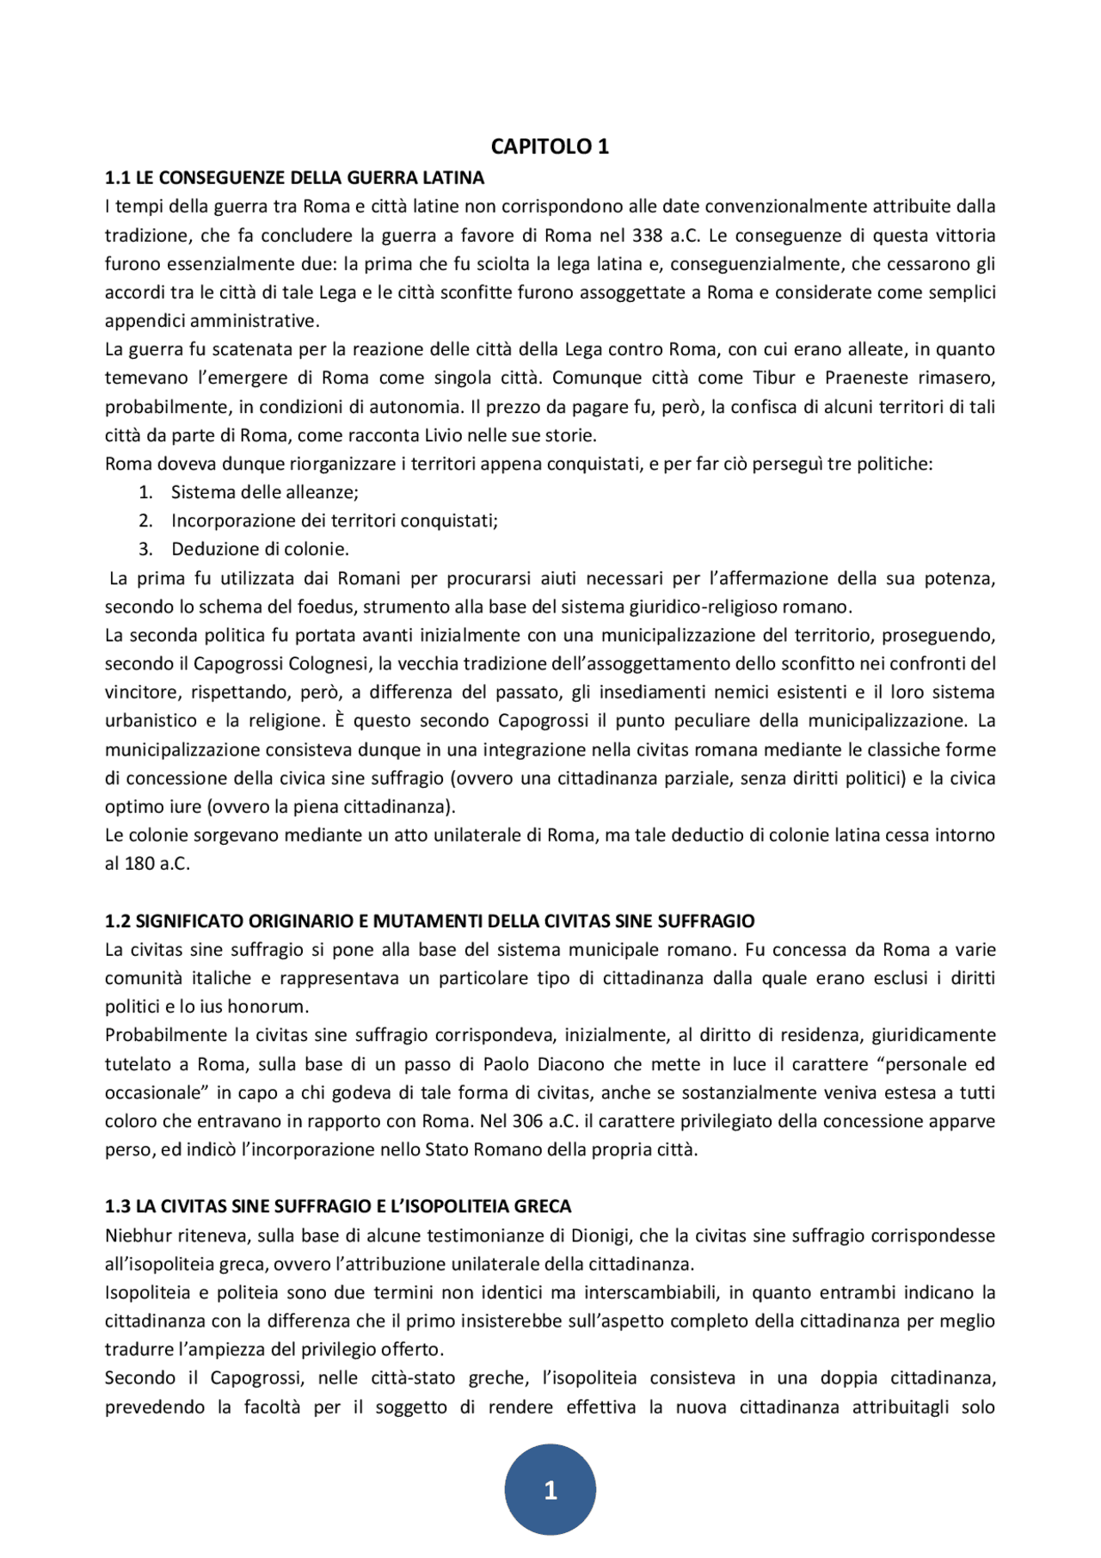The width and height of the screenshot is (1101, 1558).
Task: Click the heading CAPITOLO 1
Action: pyautogui.click(x=550, y=146)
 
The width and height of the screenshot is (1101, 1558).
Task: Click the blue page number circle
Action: pyautogui.click(x=550, y=1489)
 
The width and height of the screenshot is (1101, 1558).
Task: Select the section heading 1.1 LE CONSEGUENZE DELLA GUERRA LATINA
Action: pyautogui.click(x=294, y=178)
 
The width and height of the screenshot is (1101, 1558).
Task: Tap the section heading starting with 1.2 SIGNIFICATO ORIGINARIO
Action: pyautogui.click(x=429, y=921)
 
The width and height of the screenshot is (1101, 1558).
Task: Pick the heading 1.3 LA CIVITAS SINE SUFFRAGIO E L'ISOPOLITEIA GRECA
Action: pyautogui.click(x=338, y=1206)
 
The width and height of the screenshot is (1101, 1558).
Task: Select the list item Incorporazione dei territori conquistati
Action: pyautogui.click(x=334, y=520)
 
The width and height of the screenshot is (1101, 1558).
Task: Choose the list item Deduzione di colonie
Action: pyautogui.click(x=260, y=549)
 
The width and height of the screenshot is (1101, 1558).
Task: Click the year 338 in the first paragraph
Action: pyautogui.click(x=647, y=236)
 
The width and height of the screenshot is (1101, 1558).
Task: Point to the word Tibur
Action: pyautogui.click(x=774, y=378)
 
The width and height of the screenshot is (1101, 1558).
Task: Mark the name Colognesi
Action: pyautogui.click(x=328, y=663)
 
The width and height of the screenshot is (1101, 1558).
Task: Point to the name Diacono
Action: pyautogui.click(x=570, y=1064)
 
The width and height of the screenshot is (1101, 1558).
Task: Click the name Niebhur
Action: pyautogui.click(x=138, y=1235)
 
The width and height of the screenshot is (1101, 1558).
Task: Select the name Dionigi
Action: pyautogui.click(x=600, y=1235)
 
